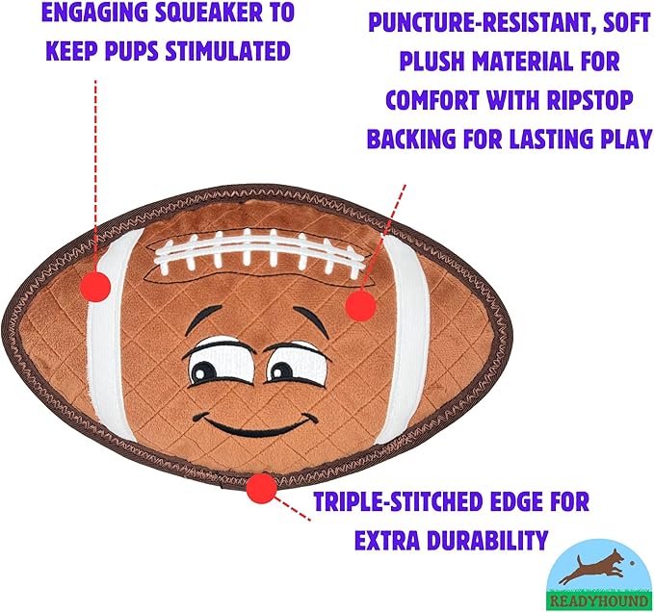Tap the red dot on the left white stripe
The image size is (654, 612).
pyautogui.click(x=94, y=285)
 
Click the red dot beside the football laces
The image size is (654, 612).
pyautogui.click(x=359, y=305)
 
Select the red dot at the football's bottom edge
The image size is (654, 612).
pyautogui.click(x=260, y=488)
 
